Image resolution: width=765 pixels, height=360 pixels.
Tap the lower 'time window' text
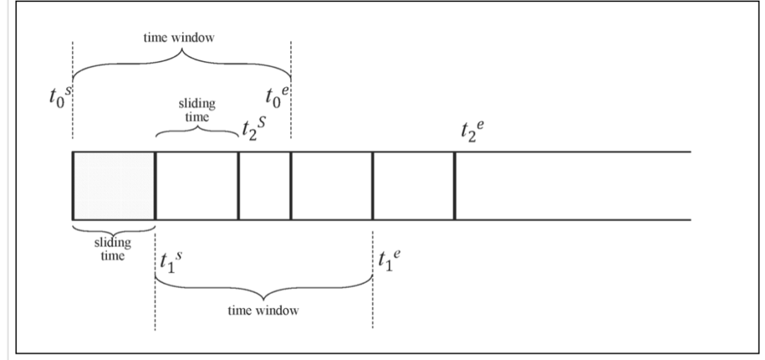point(263,311)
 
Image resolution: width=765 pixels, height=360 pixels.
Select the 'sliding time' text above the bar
point(197,111)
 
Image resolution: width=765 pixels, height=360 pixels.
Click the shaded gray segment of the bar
point(113,186)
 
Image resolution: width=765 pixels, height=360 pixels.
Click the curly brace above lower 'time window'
point(263,289)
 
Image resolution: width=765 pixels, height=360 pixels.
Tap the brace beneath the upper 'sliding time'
point(197,132)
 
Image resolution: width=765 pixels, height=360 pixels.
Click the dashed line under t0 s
point(73,131)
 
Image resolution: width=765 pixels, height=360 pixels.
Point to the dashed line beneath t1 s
point(155,312)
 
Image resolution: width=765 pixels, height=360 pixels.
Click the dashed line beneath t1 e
point(373,312)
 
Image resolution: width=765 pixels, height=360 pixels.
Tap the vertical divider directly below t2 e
point(455,186)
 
